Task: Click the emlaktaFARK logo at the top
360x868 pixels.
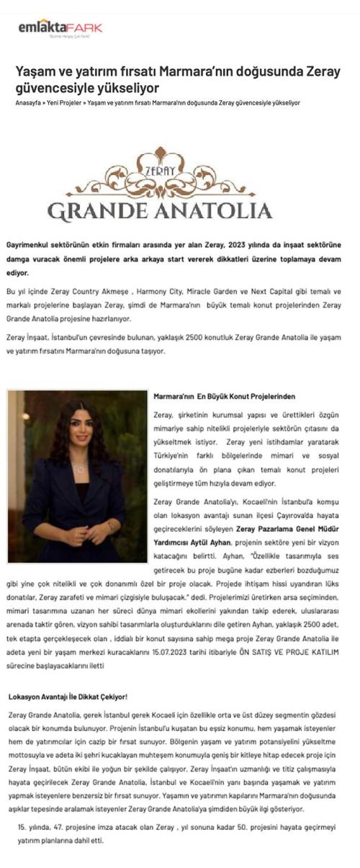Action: (x=60, y=28)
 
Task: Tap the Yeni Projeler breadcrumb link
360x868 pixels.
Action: (x=63, y=103)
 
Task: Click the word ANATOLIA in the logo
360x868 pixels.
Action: (x=215, y=210)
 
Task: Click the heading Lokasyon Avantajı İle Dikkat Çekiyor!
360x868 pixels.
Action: (x=68, y=697)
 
